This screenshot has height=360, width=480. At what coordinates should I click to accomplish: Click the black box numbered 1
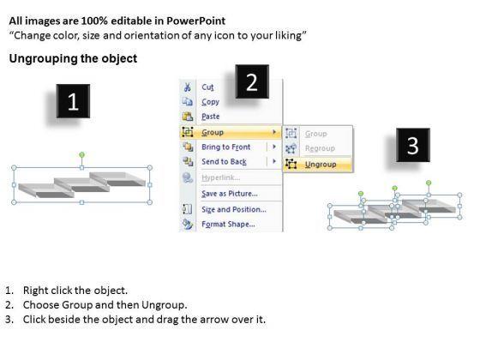point(73,101)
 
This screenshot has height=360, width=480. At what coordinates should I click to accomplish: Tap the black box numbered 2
point(252,81)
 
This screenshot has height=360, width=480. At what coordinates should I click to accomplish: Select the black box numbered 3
point(413,145)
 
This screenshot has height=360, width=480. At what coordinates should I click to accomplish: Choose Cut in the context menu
point(207,87)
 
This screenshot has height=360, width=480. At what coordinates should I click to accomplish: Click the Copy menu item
point(210,102)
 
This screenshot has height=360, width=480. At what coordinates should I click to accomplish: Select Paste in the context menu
point(210,117)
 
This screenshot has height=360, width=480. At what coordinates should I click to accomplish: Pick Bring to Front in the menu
point(226,147)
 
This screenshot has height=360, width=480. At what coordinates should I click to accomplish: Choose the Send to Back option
point(224,162)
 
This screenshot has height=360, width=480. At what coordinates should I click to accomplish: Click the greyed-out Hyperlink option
point(221,177)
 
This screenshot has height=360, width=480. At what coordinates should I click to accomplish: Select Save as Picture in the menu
point(230,194)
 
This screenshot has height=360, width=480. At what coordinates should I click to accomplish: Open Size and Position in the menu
point(234,209)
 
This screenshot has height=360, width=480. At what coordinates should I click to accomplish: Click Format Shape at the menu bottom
point(228,224)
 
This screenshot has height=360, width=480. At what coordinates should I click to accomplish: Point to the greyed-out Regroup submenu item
point(320,148)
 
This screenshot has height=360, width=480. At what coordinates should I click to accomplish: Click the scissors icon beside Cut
point(187,87)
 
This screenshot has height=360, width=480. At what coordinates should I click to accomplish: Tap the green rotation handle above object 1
point(81,155)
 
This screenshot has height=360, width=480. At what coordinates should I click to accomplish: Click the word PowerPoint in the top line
point(196,21)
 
